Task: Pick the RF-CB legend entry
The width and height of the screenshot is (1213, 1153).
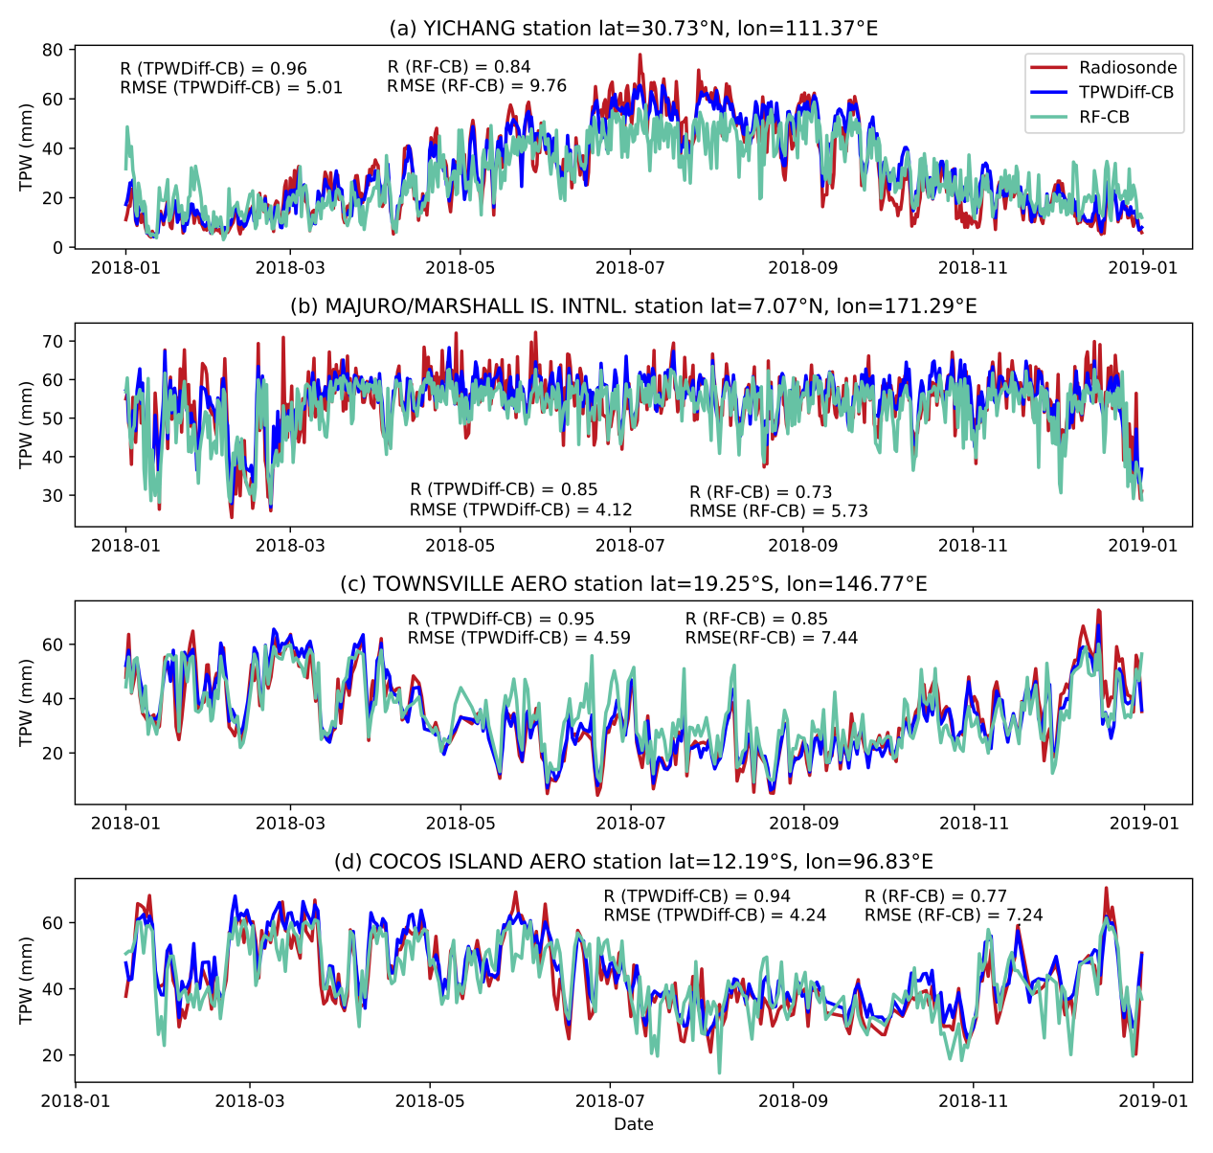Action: [x=1104, y=117]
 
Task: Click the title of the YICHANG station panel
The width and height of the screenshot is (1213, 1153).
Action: [x=633, y=29]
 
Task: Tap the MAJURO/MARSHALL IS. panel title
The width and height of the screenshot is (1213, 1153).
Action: [x=633, y=306]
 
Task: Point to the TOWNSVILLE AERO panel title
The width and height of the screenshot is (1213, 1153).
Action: [x=633, y=584]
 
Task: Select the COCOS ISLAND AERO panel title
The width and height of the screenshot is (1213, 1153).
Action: [x=633, y=862]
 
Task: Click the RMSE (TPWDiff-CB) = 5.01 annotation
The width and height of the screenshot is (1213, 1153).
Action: [x=231, y=88]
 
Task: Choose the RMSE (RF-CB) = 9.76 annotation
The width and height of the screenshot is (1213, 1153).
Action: [x=477, y=86]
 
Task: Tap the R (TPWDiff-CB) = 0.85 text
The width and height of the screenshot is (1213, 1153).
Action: [x=504, y=490]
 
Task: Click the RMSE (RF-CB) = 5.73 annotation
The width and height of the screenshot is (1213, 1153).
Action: [x=778, y=511]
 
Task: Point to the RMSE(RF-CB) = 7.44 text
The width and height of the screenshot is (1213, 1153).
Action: [x=772, y=638]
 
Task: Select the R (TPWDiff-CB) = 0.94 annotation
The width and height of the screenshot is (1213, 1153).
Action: [x=697, y=896]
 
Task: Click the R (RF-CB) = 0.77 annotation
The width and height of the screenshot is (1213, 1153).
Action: [x=935, y=896]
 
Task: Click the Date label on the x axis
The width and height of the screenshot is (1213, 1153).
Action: [x=633, y=1124]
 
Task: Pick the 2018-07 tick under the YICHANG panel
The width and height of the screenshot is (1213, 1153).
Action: [x=631, y=267]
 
